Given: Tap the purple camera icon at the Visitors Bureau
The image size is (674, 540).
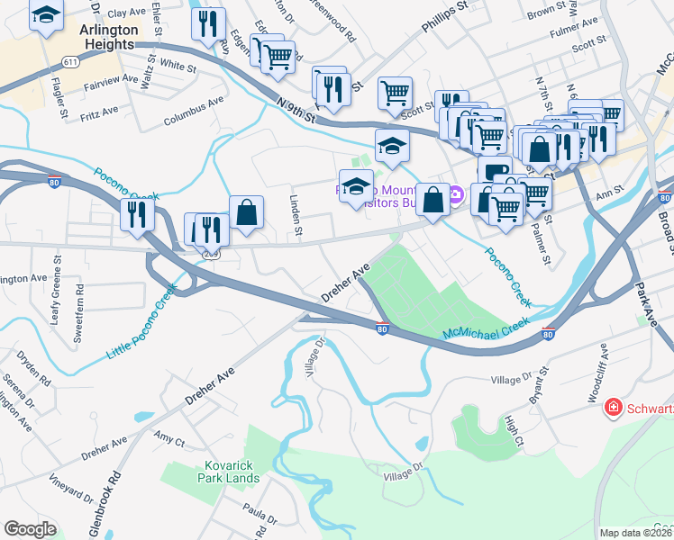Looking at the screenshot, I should [x=456, y=193].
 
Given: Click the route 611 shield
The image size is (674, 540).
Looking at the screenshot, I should [x=70, y=60].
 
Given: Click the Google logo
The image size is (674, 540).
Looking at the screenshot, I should [x=30, y=528].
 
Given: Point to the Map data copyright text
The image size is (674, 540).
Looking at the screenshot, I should [x=635, y=532].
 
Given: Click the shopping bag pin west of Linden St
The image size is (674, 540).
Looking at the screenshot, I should [x=245, y=212].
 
